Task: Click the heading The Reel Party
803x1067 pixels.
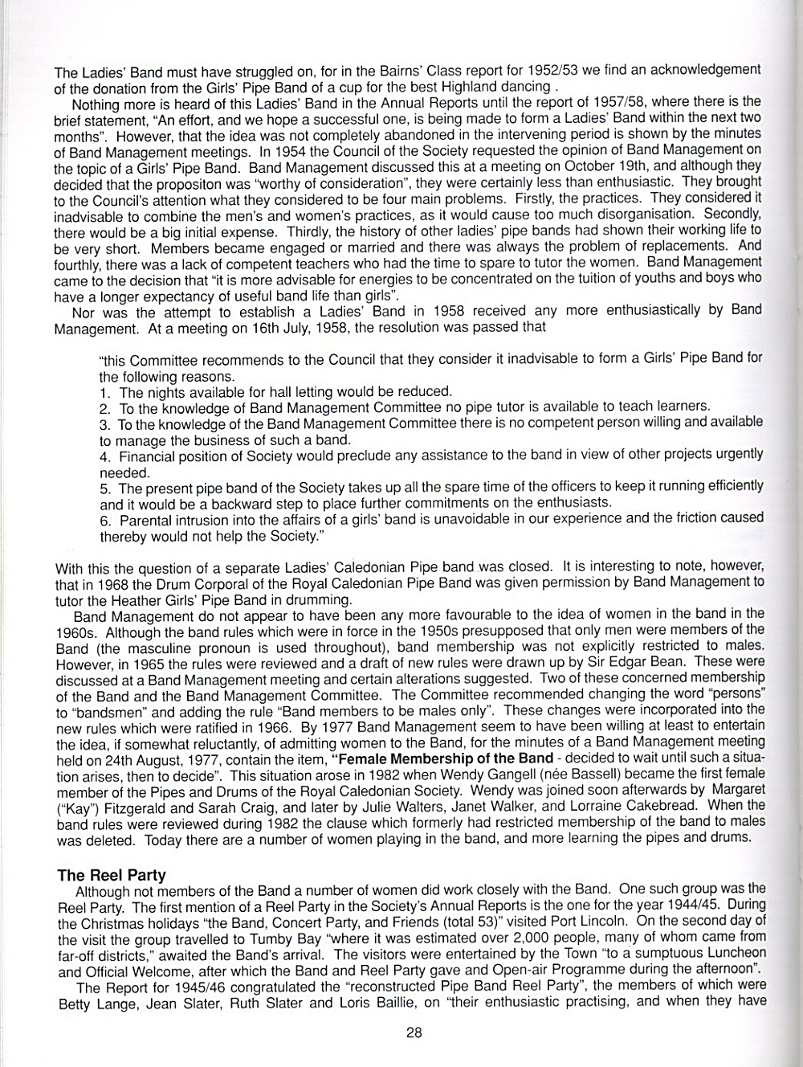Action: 111,875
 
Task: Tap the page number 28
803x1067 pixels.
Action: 414,1033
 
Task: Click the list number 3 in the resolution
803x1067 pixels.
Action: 104,424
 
